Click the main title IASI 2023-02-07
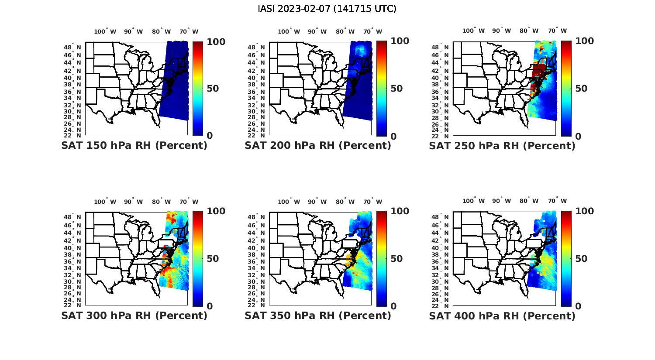[x=327, y=9]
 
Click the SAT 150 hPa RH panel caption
[x=134, y=145]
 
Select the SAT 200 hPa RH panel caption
[x=318, y=145]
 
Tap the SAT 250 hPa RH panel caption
[x=502, y=145]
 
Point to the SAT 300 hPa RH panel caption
[x=134, y=315]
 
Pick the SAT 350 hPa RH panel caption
[x=318, y=315]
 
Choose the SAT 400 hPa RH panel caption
[x=502, y=315]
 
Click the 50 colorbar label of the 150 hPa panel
[x=213, y=89]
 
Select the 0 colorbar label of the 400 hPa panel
[x=579, y=306]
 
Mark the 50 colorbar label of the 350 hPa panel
[x=397, y=259]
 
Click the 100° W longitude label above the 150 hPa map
[x=105, y=31]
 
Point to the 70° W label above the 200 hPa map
[x=372, y=31]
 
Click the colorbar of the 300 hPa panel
[x=197, y=258]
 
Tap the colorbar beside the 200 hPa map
[x=381, y=89]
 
